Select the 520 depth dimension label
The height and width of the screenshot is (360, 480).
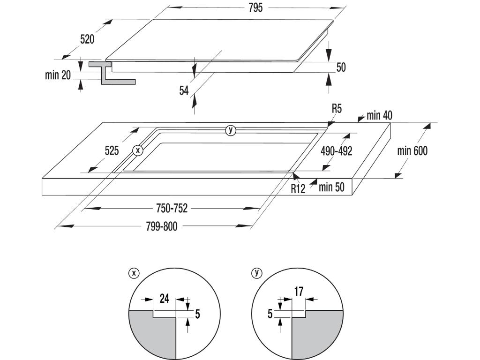click(x=87, y=39)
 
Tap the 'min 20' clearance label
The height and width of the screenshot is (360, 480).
click(x=58, y=75)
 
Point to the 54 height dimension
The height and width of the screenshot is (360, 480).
click(x=184, y=90)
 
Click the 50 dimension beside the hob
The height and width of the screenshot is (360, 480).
click(x=341, y=67)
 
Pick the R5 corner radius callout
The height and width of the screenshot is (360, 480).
click(x=337, y=109)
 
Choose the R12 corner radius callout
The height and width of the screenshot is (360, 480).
click(x=298, y=188)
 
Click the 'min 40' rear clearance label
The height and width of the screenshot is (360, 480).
click(x=379, y=115)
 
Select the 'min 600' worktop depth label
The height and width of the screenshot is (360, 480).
click(x=412, y=151)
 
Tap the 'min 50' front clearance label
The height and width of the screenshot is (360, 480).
click(x=331, y=187)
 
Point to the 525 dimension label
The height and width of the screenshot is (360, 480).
click(x=112, y=150)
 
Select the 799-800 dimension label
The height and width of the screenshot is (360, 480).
click(x=162, y=227)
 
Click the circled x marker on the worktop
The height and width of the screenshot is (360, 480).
click(x=137, y=150)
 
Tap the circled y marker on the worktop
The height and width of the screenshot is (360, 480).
click(x=230, y=130)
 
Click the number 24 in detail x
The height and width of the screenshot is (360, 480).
click(x=165, y=299)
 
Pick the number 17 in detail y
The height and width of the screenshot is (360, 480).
click(x=299, y=292)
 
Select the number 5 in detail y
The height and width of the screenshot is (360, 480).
click(x=270, y=314)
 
